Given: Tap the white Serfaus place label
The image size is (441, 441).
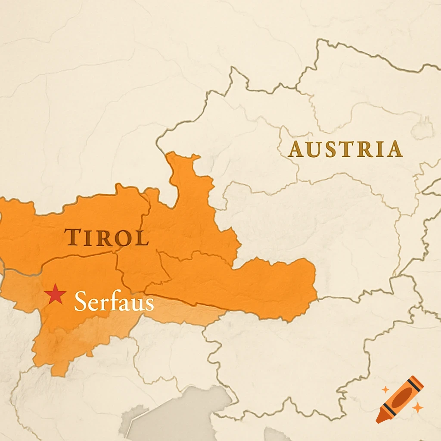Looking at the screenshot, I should coord(114,301).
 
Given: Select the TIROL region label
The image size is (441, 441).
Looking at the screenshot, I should coord(106,238).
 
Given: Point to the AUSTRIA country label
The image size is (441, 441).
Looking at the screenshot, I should coord(345,149).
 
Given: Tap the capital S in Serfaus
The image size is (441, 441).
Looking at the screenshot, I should coord(81,301).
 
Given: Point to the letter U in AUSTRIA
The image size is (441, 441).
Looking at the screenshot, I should coord(314,150).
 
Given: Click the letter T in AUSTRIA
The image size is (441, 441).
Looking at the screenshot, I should coord(346,149).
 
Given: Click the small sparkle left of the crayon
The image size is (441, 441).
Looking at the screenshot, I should coord(385,390).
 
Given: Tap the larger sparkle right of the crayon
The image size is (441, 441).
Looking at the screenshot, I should coord(417,407).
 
